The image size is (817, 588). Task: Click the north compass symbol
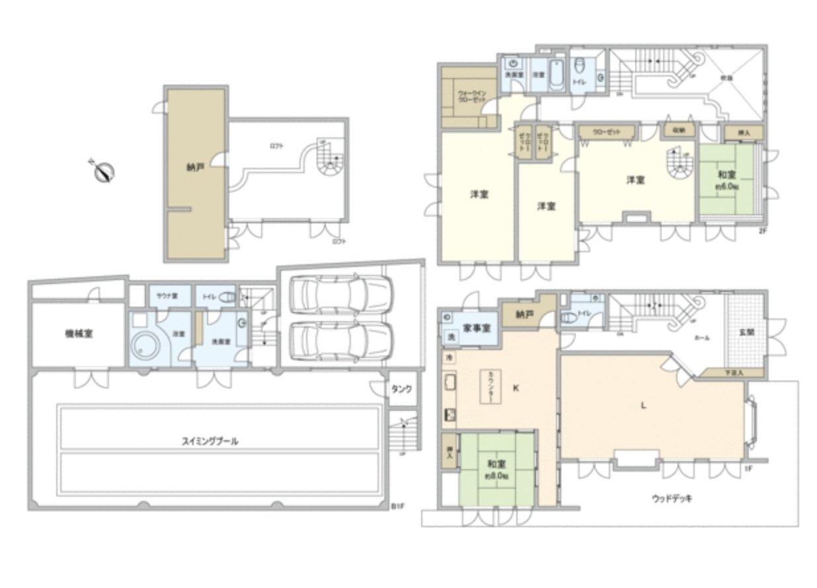tap(104, 171)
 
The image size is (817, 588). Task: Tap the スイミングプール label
tap(210, 441)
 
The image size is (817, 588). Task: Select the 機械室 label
tap(79, 334)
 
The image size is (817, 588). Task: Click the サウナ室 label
tap(165, 297)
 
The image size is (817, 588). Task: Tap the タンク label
tap(402, 389)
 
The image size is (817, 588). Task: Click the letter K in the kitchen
tap(516, 388)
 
